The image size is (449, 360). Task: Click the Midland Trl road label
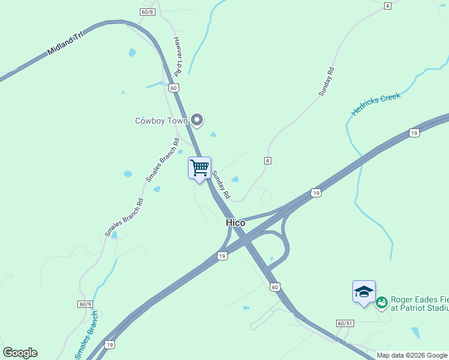click(65, 45)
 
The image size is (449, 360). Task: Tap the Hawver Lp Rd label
click(178, 56)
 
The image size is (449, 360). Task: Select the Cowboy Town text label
click(161, 121)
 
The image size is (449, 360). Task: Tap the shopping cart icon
click(199, 167)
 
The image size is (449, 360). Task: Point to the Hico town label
click(235, 223)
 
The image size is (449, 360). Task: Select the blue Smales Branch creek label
click(87, 335)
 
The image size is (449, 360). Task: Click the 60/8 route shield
click(148, 12)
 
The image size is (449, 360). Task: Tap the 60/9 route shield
click(85, 304)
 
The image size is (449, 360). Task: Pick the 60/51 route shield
click(344, 323)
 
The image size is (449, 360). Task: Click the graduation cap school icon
click(364, 292)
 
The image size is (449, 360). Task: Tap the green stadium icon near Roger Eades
click(382, 304)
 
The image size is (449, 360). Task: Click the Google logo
click(20, 353)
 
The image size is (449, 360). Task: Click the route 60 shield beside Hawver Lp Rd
click(173, 88)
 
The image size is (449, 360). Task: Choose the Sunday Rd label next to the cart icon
click(221, 185)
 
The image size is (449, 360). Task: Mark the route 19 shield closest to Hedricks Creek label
click(414, 133)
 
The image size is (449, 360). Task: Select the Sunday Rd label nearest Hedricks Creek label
click(327, 82)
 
